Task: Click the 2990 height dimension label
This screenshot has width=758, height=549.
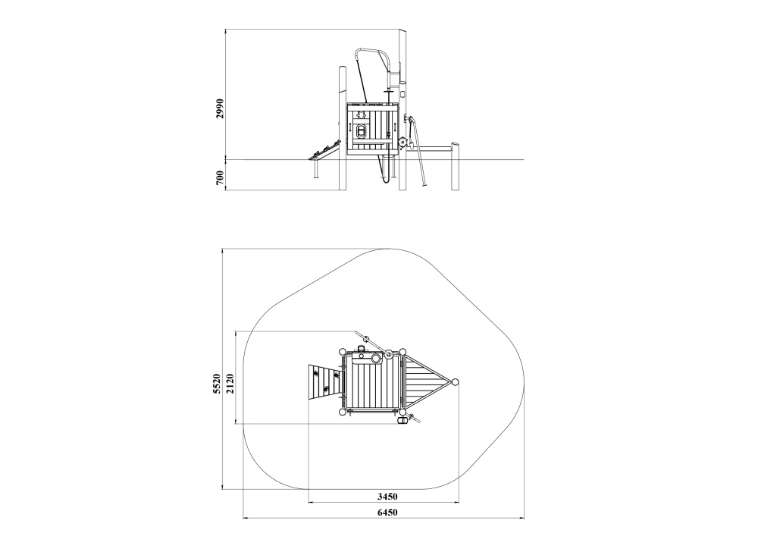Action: (x=220, y=108)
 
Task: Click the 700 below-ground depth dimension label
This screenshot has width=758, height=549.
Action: (x=220, y=177)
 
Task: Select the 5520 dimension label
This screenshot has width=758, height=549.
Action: (x=217, y=384)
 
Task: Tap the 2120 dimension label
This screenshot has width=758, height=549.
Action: (x=230, y=384)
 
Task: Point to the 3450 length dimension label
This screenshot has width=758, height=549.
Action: (x=387, y=496)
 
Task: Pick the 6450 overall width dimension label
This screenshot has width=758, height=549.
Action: (x=387, y=513)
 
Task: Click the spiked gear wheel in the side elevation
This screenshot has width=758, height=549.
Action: (x=404, y=143)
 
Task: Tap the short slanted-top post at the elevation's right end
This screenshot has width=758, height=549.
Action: (x=456, y=165)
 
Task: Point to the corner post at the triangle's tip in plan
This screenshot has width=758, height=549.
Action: (x=455, y=382)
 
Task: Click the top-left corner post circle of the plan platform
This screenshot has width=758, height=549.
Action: (x=343, y=352)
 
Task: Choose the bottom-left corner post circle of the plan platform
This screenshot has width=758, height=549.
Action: (x=343, y=412)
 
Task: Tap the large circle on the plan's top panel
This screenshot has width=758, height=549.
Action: (x=376, y=359)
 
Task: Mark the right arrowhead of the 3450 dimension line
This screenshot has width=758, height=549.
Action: (x=456, y=503)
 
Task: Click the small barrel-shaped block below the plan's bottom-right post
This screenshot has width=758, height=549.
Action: (x=401, y=422)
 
